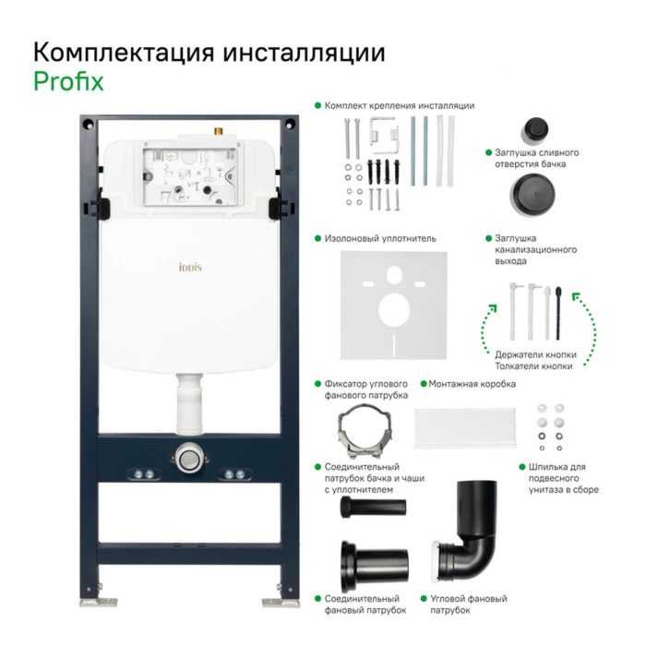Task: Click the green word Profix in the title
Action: coord(68,81)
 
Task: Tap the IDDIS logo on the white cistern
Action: coord(190,268)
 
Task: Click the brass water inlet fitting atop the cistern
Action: coord(219,131)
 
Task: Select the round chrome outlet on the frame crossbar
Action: coord(188,458)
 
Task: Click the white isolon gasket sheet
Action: coord(393,305)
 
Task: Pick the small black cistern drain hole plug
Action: coord(534,129)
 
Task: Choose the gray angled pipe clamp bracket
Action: coord(366,431)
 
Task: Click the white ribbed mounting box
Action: coord(465,428)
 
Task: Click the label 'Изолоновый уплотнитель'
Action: coord(380,238)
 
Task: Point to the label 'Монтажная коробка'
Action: coord(473,384)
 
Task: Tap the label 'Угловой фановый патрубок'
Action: coord(469,604)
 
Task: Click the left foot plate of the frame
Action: coord(98,602)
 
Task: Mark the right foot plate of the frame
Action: coord(281,602)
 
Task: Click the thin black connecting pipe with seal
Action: coord(373,508)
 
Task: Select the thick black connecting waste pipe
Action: coord(374,565)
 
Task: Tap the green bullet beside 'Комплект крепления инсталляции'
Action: coord(317,105)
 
